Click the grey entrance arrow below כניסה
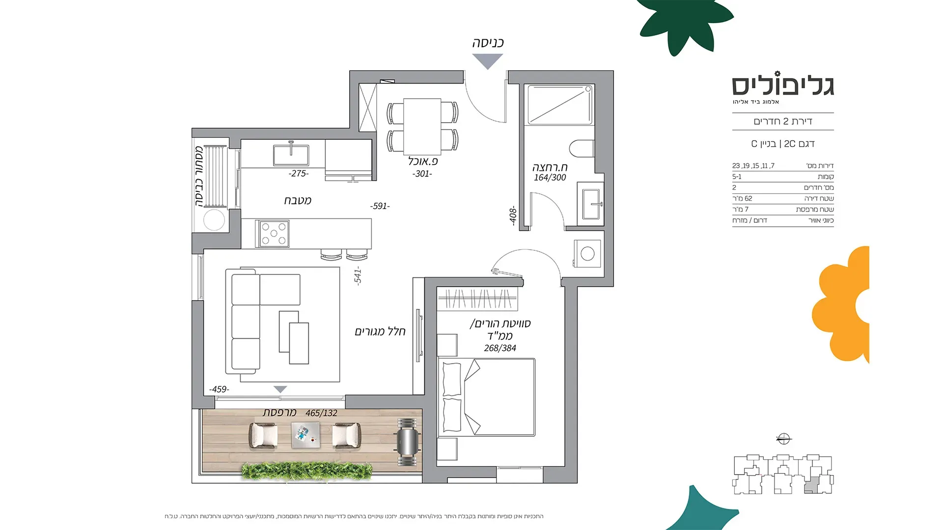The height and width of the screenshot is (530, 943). coord(488,61)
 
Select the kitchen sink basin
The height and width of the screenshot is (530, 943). coord(291,155)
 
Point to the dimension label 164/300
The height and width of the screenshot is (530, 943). coord(550,178)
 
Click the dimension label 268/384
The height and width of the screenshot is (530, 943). coord(500,348)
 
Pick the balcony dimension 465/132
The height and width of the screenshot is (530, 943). coord(321,413)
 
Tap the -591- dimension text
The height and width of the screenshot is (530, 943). coord(380,206)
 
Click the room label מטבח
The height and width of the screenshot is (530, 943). coord(298,200)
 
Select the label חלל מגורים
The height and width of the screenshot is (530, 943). coord(380,332)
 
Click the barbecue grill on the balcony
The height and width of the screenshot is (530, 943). coord(409,443)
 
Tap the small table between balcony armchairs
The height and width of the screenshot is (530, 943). coord(305,435)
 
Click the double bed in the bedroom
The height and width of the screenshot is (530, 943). coord(487,397)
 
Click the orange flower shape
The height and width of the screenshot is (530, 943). coord(840,305)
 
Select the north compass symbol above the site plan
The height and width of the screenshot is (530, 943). coord(783,438)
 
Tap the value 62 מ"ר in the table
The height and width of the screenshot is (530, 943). coord(742,199)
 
